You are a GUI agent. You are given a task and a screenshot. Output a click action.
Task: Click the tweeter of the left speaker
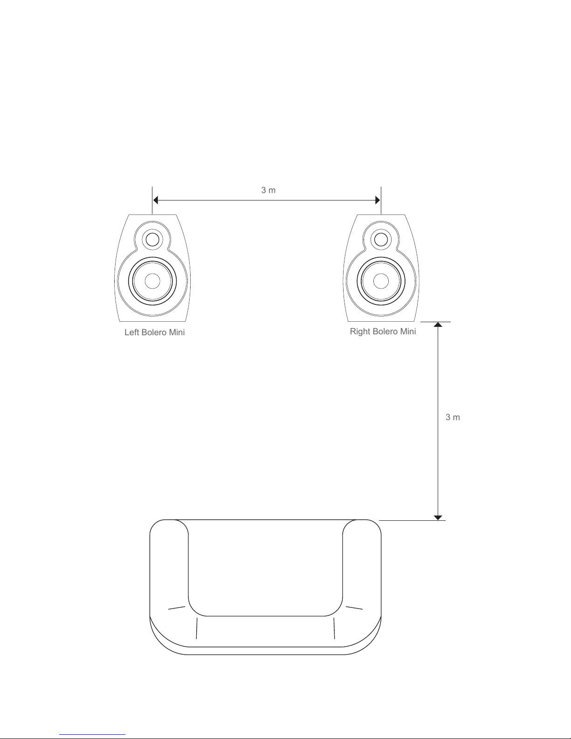[x=152, y=240]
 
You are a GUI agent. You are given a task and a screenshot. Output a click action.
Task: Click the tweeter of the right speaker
[x=381, y=240]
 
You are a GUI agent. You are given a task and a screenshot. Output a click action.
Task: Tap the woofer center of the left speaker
[x=152, y=281]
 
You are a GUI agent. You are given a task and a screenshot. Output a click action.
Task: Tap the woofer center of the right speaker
[x=381, y=281]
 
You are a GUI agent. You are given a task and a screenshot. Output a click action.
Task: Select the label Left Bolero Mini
[x=155, y=332]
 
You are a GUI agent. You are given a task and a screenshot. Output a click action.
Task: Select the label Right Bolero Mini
[x=383, y=332]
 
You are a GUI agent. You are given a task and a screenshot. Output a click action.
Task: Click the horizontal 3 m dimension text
[x=268, y=190]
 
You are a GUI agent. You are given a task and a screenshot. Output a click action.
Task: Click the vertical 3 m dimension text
[x=453, y=417]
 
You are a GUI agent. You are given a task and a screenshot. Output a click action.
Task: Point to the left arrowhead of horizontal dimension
[x=155, y=200]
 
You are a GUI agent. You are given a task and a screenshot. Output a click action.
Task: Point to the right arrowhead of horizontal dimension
[x=378, y=200]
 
